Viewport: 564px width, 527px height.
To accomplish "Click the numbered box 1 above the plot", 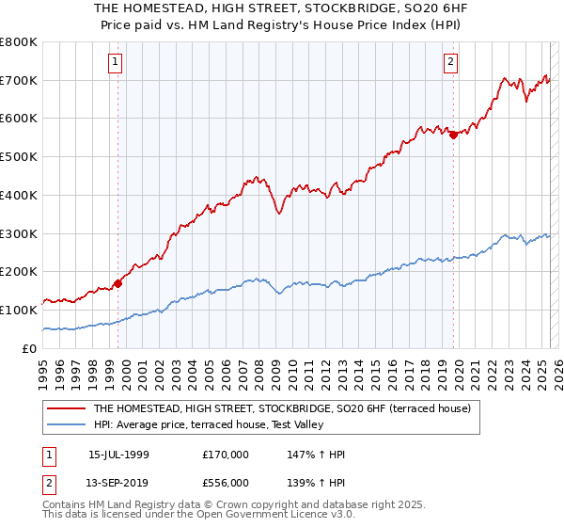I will click(x=115, y=63).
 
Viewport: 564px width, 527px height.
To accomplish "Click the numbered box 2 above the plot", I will click(x=451, y=63).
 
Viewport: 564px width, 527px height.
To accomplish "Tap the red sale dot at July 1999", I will click(x=118, y=282).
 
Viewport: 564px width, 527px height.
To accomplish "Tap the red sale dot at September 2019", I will click(x=453, y=135).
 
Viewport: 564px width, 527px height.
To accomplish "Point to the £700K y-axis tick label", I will click(x=19, y=81).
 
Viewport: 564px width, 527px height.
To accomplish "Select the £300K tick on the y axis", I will click(x=19, y=233).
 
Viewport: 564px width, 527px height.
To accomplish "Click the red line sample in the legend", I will click(x=66, y=408).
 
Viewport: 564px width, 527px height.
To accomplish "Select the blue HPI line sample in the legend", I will click(x=66, y=425).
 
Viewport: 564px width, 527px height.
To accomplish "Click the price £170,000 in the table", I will click(x=226, y=455).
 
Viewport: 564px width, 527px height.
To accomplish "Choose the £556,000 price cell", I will click(x=226, y=481).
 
